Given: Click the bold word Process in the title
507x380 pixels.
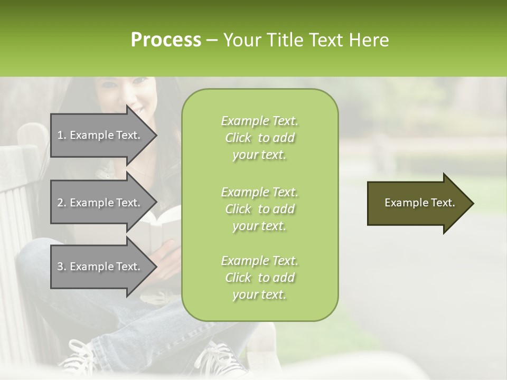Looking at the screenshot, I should pos(166,40).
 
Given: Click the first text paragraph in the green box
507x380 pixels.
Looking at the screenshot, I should pos(259,138).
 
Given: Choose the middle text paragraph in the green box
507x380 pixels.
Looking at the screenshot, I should pos(259,209).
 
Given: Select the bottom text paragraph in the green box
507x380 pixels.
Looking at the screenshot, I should pos(259,278).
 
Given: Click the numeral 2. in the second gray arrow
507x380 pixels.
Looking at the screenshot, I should pos(62,203).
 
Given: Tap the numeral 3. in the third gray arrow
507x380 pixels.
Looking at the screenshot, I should pos(62,267).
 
